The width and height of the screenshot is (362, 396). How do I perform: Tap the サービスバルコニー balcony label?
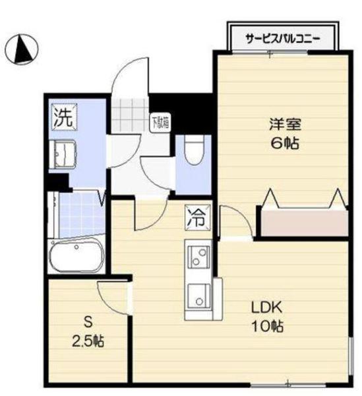coord(283,38)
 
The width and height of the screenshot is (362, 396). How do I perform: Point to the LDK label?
coord(266,308)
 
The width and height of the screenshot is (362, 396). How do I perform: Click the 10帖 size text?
coord(266,326)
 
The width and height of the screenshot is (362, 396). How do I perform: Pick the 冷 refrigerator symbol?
coord(197,218)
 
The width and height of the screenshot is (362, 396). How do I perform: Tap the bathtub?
coord(75,255)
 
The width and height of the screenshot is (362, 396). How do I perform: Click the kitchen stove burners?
coord(198,257)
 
